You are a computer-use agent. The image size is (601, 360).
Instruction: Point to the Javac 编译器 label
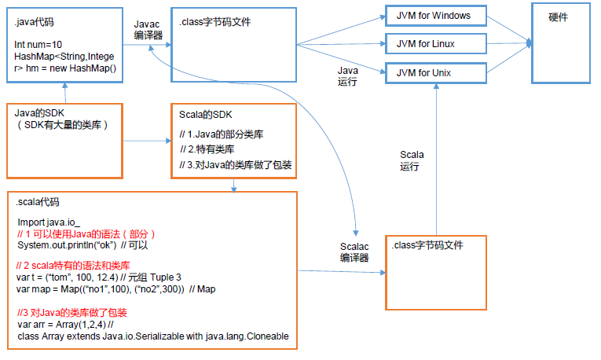click(147, 31)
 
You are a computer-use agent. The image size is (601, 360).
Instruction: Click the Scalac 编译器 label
click(354, 252)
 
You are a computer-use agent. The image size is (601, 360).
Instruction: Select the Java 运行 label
click(347, 75)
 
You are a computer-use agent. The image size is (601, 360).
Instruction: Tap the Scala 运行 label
click(411, 160)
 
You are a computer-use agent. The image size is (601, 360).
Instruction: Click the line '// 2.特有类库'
click(207, 149)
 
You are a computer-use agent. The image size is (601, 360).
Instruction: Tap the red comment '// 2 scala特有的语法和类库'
click(73, 266)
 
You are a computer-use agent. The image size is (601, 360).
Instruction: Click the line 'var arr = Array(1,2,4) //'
click(66, 324)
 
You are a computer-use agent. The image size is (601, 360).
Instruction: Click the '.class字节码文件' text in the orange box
click(427, 246)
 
